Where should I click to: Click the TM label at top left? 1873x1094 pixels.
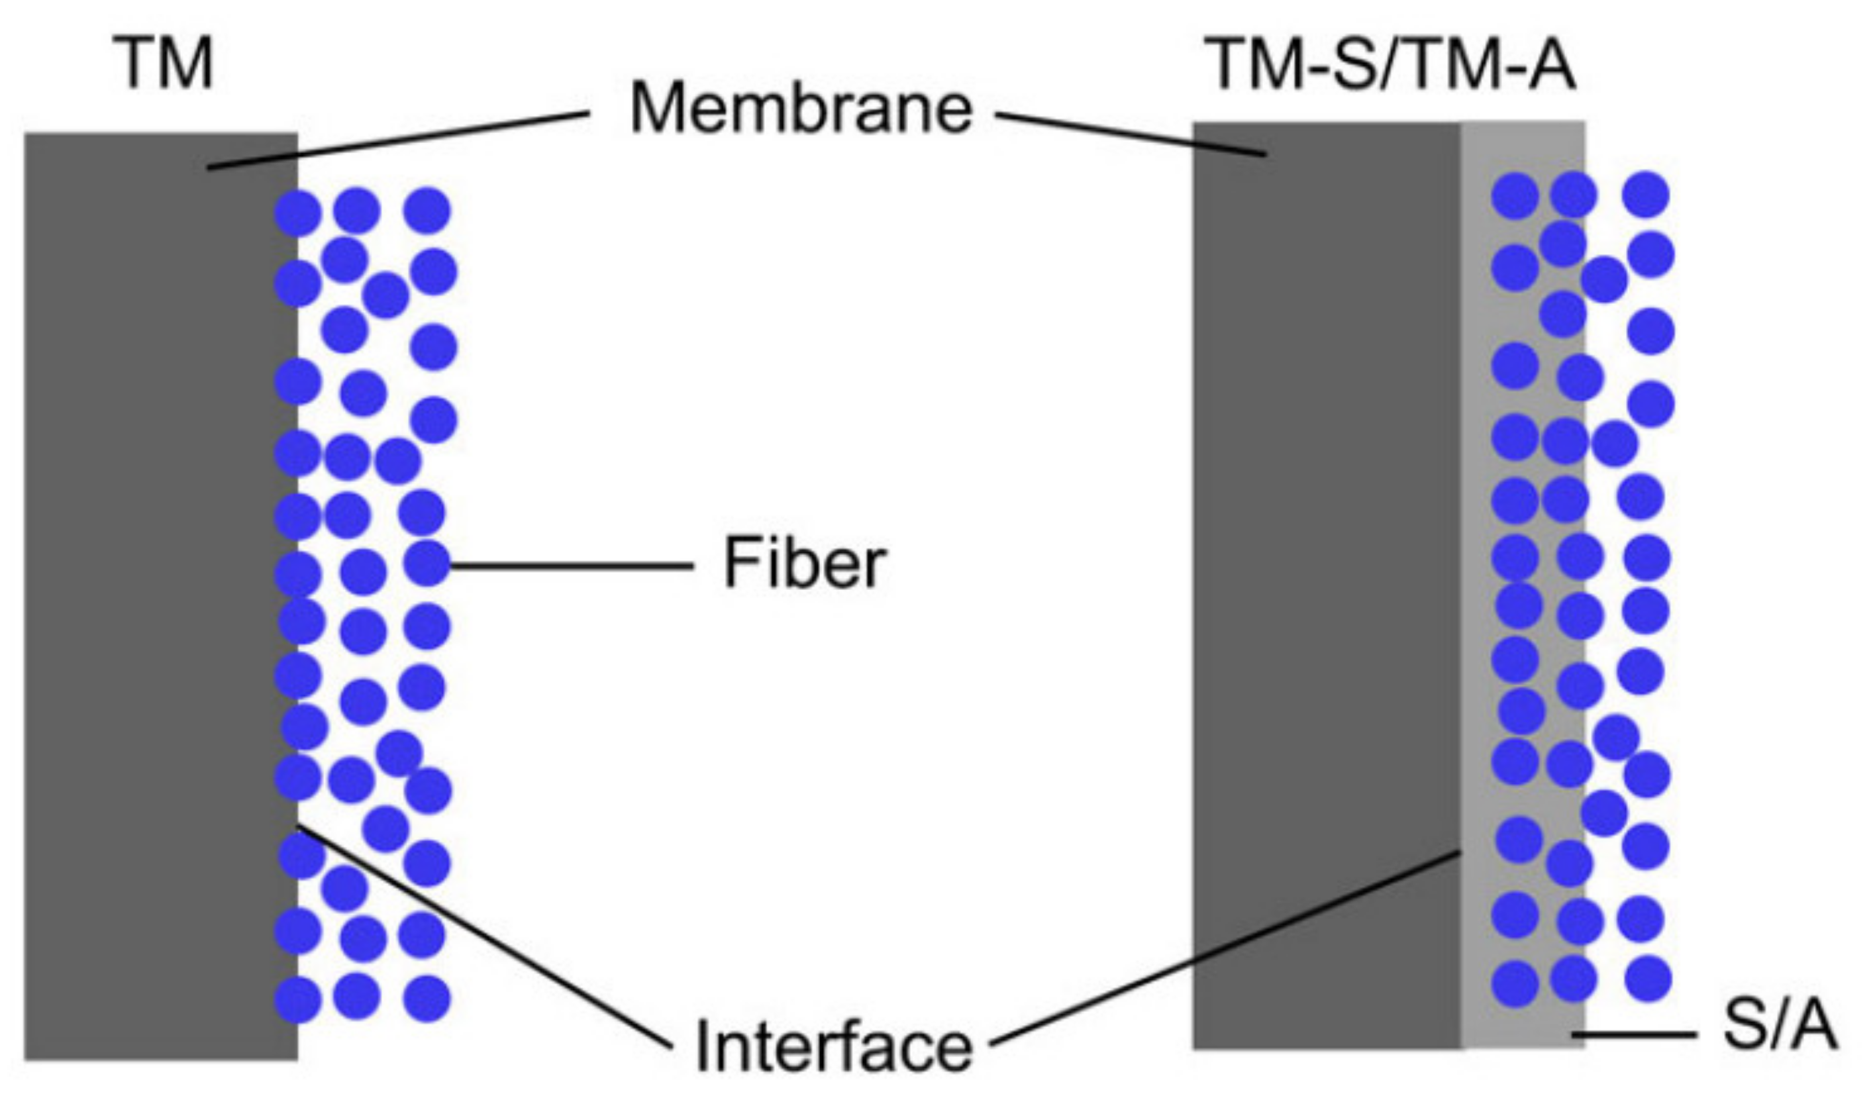[163, 65]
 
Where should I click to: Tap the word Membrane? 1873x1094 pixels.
[801, 111]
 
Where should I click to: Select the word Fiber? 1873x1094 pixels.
[805, 564]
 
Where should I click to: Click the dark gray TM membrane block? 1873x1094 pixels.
[148, 595]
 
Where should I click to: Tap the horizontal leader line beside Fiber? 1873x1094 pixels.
[572, 566]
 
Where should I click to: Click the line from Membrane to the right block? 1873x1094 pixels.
[1130, 134]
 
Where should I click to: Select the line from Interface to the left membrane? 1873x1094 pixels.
[483, 936]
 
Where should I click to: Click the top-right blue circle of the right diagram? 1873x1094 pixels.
[1646, 195]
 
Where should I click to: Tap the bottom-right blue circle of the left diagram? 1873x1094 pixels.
[427, 998]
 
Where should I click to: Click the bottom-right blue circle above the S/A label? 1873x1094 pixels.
[1648, 979]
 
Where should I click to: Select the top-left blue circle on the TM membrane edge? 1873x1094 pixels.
[297, 213]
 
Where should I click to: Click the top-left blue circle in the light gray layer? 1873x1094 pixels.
[1514, 195]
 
